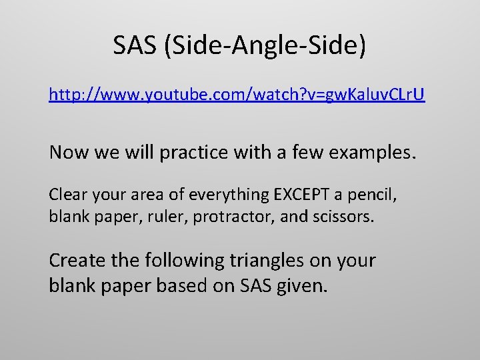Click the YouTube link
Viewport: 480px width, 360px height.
[x=237, y=95]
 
